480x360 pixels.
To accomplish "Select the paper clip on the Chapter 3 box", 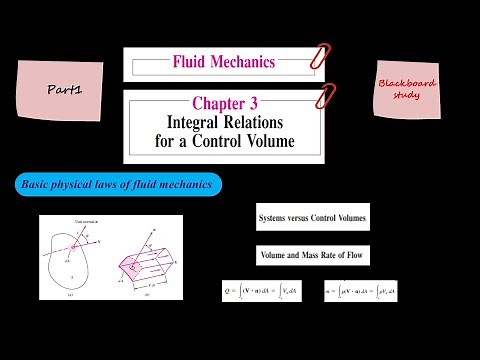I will (323, 97).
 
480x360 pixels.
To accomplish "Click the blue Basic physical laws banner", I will (118, 185).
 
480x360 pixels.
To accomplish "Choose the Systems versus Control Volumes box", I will (311, 217).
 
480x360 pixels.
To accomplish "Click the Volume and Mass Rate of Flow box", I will (311, 256).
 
